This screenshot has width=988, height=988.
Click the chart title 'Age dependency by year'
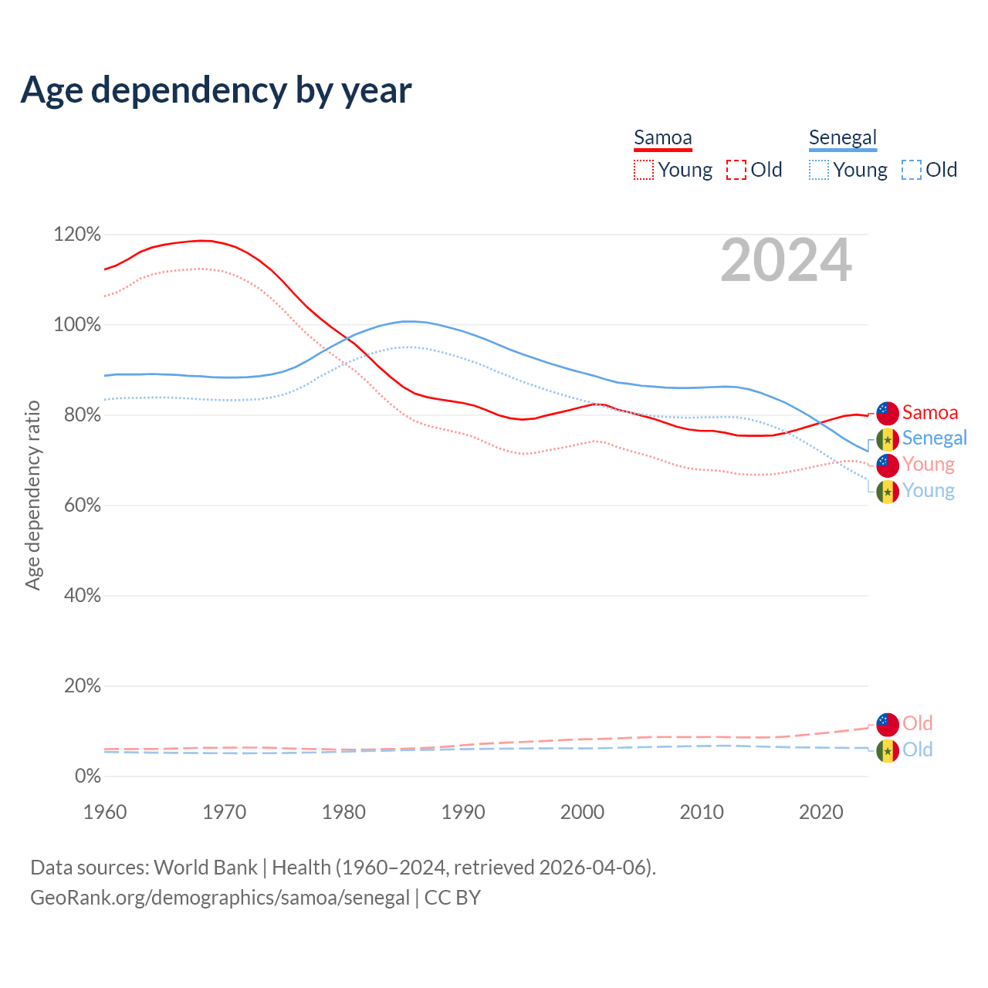pos(216,90)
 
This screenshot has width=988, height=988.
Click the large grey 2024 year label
pos(786,261)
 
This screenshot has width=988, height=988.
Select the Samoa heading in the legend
pos(662,138)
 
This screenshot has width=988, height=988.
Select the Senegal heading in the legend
pos(843,138)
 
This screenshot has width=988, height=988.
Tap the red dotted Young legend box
pos(643,170)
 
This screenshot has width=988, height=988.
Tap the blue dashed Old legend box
pos(912,170)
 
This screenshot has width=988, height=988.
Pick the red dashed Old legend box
pos(736,170)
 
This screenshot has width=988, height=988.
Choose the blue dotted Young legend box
pos(819,170)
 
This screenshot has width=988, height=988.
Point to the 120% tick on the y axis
pos(77,234)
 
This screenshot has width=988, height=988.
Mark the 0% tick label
pos(87,777)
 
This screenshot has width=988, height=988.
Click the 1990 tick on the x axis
pos(463,812)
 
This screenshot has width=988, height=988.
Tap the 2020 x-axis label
pos(821,812)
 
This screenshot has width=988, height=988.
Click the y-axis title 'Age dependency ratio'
pos(32,495)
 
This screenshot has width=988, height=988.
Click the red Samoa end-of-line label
pos(930,413)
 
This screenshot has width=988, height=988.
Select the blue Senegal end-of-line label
pos(934,438)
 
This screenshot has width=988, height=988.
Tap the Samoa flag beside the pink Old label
pos(888,724)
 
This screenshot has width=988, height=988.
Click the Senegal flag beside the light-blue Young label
pos(888,492)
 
